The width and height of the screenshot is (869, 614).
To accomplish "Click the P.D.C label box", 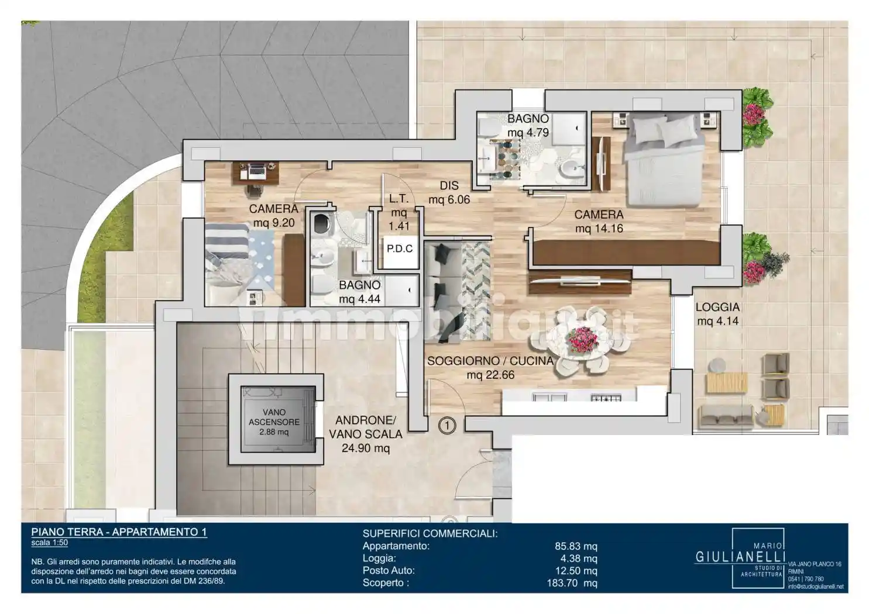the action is point(400,249).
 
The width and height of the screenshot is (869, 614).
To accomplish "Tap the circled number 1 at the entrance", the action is point(447,426).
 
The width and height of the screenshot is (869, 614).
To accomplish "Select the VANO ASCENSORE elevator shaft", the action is point(278,419).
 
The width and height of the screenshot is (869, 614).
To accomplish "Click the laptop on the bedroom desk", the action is point(255,170).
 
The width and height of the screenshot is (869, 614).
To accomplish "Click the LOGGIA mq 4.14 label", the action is point(717,314).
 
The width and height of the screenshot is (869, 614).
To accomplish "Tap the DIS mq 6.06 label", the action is point(449,192).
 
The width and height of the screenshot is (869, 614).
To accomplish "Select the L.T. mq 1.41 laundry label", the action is point(399,212).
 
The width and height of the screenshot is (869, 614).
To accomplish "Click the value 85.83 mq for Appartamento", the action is point(576,546).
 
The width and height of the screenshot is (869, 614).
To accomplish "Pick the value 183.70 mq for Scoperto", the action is point(572,582).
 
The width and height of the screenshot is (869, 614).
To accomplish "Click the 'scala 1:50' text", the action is point(49,543).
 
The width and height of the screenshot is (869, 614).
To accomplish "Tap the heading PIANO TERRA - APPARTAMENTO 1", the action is point(119,532).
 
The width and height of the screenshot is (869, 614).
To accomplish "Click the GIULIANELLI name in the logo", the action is point(740,557).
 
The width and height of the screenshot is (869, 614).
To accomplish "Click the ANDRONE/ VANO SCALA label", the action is point(365,434).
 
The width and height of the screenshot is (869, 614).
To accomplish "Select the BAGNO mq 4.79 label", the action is point(528,126).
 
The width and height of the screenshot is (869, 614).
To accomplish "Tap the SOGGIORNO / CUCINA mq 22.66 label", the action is point(490,368).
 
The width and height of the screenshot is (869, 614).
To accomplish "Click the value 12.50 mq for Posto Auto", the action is point(576,571).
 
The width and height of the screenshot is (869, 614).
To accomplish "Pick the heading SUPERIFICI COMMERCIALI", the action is point(430,534).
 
